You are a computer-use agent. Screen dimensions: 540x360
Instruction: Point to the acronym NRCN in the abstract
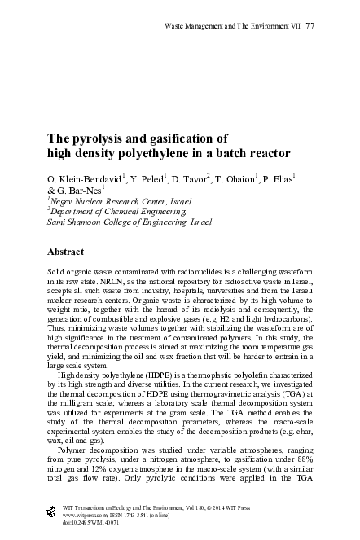tap(112, 288)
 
